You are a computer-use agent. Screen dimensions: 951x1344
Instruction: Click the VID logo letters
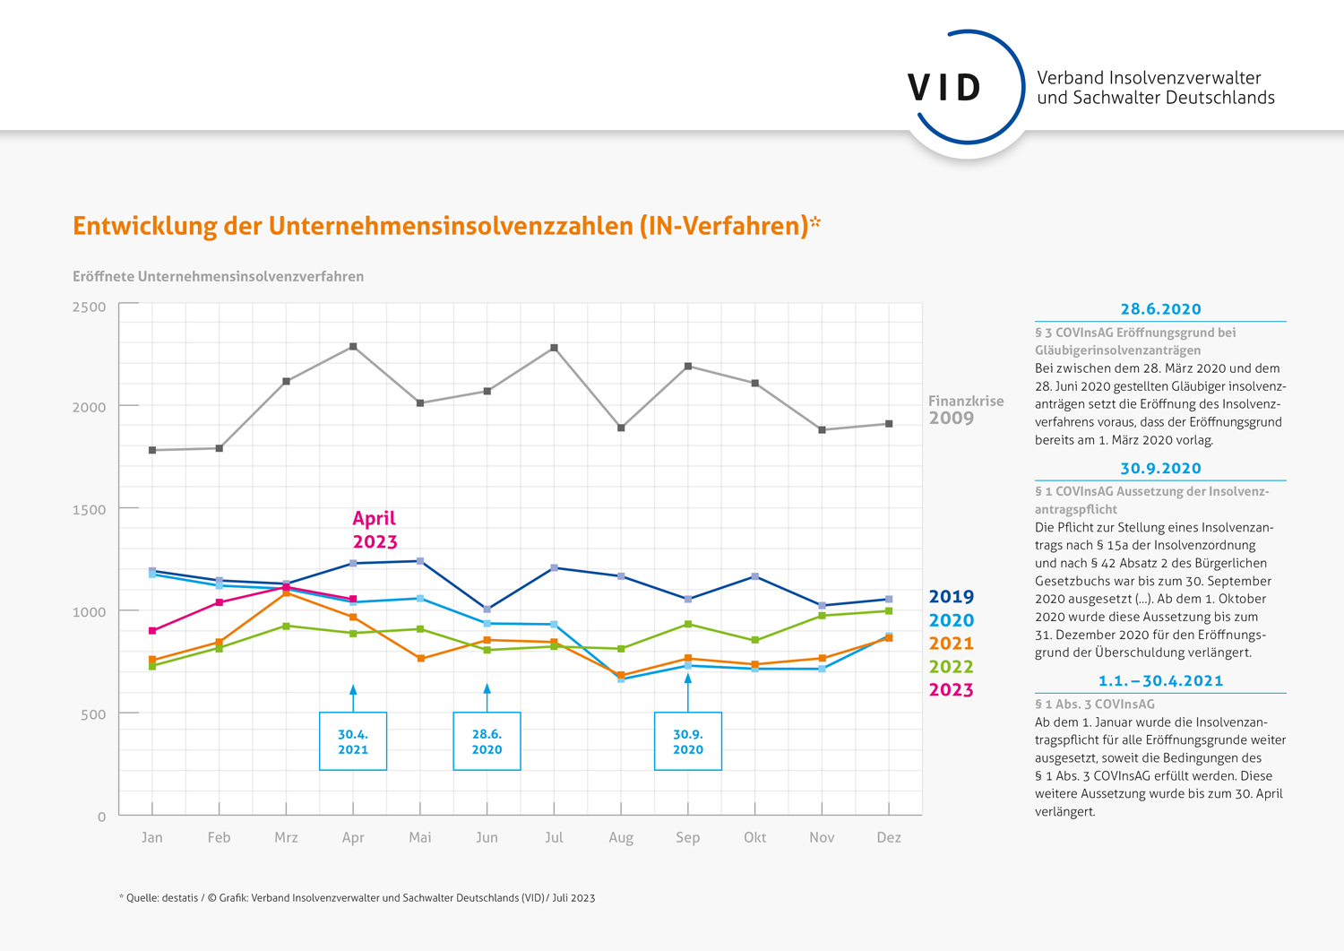pyautogui.click(x=944, y=88)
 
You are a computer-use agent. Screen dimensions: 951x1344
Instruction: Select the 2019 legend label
pyautogui.click(x=951, y=597)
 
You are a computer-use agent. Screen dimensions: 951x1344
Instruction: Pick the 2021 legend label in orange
pyautogui.click(x=951, y=644)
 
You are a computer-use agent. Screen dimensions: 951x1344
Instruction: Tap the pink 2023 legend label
pyautogui.click(x=951, y=690)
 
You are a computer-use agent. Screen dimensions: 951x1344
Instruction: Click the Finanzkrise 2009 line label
pyautogui.click(x=965, y=410)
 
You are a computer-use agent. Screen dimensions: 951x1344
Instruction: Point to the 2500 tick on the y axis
pyautogui.click(x=89, y=307)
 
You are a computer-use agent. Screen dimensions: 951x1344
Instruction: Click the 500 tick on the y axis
pyautogui.click(x=93, y=714)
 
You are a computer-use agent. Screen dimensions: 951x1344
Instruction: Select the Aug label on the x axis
pyautogui.click(x=621, y=837)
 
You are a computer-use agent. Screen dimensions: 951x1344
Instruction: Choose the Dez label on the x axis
pyautogui.click(x=888, y=837)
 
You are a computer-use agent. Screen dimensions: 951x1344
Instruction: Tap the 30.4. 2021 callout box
pyautogui.click(x=353, y=741)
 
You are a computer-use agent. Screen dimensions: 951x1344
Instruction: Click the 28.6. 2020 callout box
pyautogui.click(x=487, y=741)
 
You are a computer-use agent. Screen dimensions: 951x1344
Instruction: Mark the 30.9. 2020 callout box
pyautogui.click(x=687, y=741)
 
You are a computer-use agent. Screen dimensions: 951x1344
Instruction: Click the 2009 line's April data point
pyautogui.click(x=353, y=346)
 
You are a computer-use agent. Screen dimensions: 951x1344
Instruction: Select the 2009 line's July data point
pyautogui.click(x=554, y=348)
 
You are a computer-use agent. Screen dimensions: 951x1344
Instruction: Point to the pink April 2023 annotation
pyautogui.click(x=375, y=530)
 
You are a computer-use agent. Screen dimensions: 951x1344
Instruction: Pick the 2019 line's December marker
pyautogui.click(x=888, y=599)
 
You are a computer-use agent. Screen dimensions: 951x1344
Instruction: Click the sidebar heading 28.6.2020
pyautogui.click(x=1160, y=309)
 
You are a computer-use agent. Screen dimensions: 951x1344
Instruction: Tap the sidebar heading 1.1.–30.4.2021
pyautogui.click(x=1160, y=681)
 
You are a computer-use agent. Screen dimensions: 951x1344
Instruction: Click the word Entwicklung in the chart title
pyautogui.click(x=145, y=226)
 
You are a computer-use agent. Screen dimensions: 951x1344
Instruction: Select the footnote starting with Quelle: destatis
pyautogui.click(x=357, y=897)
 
